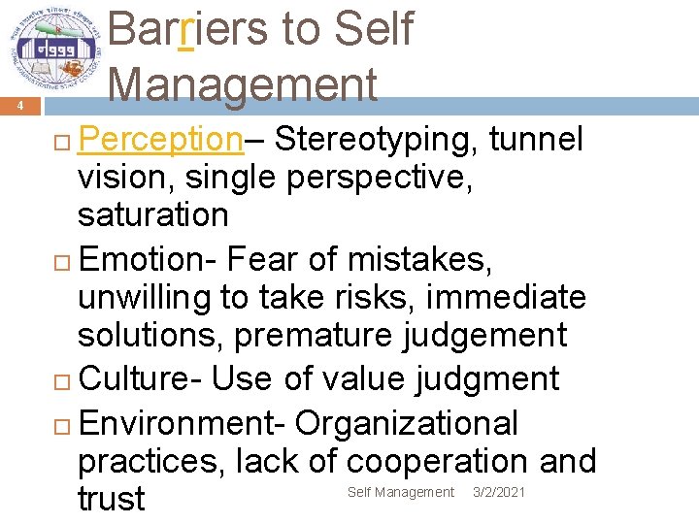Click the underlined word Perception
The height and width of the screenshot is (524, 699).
click(x=160, y=141)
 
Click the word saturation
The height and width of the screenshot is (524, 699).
click(x=152, y=214)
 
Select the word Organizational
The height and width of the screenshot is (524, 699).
click(x=407, y=423)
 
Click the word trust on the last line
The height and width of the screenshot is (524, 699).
click(x=111, y=499)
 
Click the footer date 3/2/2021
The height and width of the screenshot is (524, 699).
click(x=499, y=493)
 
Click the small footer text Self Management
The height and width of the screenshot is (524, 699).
click(x=401, y=493)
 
